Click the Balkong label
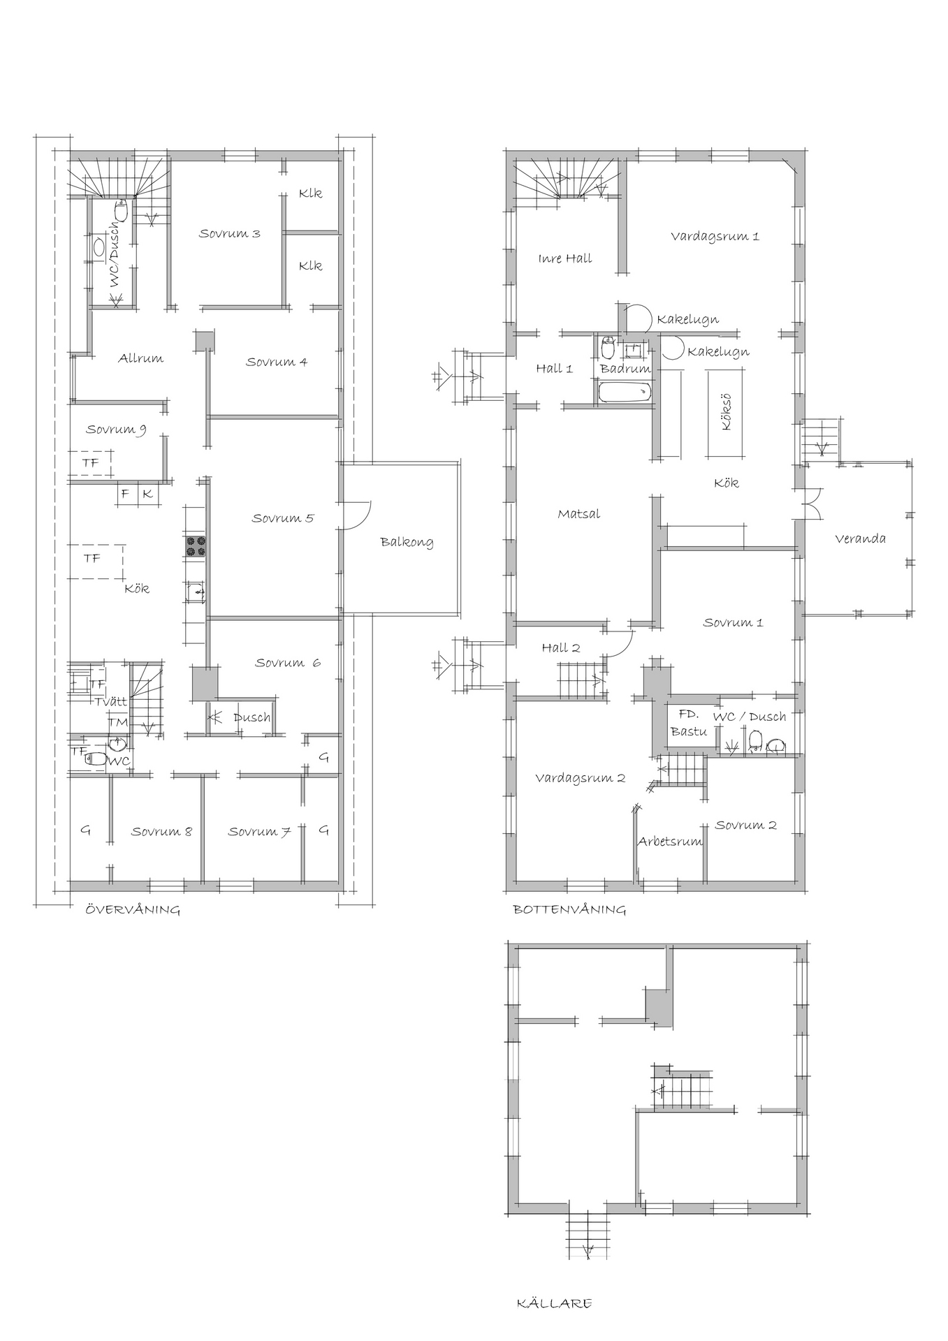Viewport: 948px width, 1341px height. pos(407,542)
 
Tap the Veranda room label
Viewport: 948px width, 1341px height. pos(860,538)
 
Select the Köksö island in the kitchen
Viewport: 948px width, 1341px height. pos(726,413)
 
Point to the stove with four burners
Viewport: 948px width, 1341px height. pos(195,546)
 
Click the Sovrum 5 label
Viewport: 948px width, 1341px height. pos(283,518)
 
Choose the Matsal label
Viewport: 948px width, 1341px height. pos(579,514)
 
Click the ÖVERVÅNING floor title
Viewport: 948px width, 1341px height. pos(133,909)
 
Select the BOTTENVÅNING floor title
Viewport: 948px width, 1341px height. pos(569,909)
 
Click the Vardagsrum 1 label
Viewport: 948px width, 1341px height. pos(715,236)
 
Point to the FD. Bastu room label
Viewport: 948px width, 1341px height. pos(689,723)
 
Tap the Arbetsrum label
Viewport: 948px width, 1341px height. pos(670,842)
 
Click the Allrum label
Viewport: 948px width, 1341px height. pos(140,358)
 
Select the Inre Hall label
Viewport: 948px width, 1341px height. pos(565,258)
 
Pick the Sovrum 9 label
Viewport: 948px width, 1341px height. pos(116,430)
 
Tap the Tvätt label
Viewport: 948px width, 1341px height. pos(112,701)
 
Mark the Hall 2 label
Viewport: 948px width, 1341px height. pos(561,648)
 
